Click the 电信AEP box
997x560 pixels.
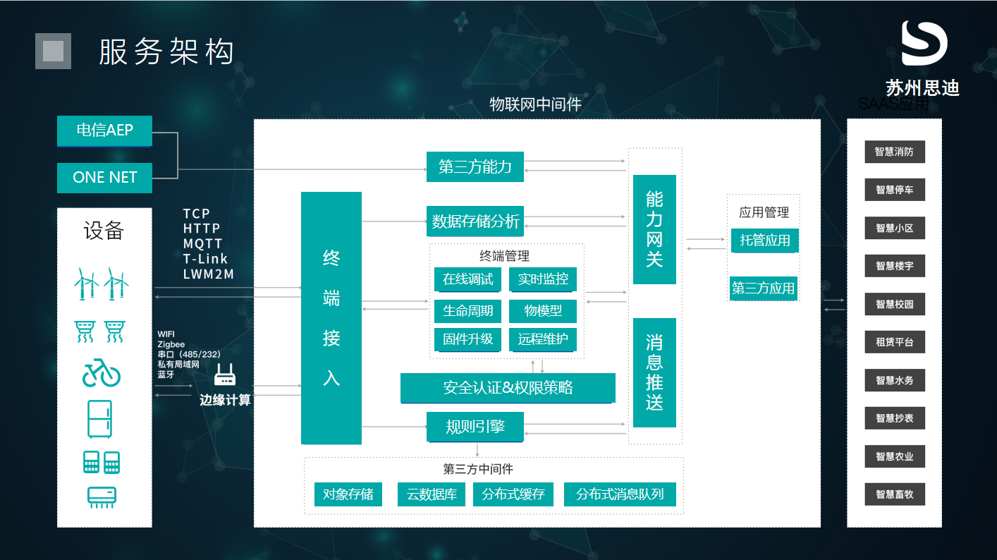click(x=104, y=130)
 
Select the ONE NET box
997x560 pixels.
click(x=104, y=177)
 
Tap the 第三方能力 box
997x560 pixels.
click(x=475, y=167)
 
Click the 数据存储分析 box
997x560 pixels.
click(x=475, y=221)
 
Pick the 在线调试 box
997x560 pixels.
click(x=467, y=279)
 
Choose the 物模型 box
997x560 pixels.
click(x=543, y=310)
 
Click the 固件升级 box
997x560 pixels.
click(x=467, y=339)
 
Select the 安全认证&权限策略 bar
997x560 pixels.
click(x=508, y=388)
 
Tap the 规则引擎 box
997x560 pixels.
click(x=475, y=427)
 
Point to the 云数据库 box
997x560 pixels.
click(x=432, y=494)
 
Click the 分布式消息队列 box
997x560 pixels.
click(x=620, y=494)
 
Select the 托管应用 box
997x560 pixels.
click(x=764, y=241)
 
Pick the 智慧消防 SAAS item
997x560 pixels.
click(x=894, y=152)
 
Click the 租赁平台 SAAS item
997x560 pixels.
click(x=894, y=342)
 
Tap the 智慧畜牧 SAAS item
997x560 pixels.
click(x=894, y=494)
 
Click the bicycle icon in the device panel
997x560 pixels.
click(x=102, y=375)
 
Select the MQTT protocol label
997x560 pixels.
click(x=202, y=243)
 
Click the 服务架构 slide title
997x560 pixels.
click(x=166, y=52)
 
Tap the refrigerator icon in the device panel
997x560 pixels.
click(x=100, y=419)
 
